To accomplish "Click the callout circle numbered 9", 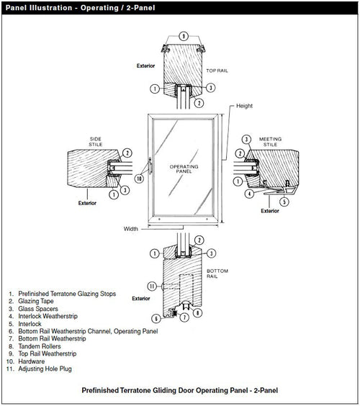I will coord(184,35).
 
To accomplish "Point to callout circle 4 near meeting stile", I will coord(249,194).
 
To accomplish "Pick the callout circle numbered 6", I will coord(156,317).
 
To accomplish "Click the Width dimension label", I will coord(130,230).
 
